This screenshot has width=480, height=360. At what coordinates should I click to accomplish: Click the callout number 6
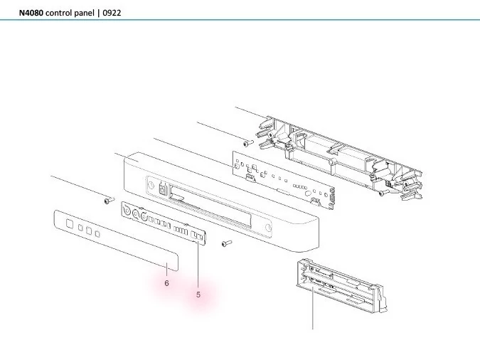[166, 283]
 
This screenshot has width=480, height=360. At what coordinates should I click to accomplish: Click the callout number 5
[198, 294]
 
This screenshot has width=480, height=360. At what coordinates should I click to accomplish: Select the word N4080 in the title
[31, 13]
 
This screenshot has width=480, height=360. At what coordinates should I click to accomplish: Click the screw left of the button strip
[107, 201]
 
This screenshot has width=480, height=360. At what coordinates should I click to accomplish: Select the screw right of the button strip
[225, 243]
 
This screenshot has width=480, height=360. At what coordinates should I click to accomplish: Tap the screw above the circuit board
[246, 143]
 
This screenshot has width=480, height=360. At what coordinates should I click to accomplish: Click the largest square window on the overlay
[70, 223]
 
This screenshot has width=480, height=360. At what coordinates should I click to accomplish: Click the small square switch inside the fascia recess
[164, 189]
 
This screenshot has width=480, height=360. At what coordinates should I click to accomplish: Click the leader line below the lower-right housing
[313, 313]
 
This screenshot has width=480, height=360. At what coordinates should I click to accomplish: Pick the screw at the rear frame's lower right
[383, 192]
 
